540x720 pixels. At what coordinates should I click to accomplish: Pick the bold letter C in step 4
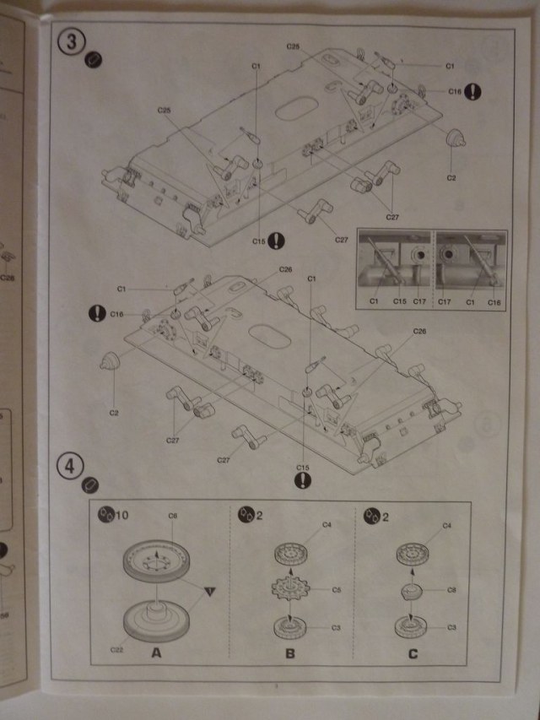coord(412,652)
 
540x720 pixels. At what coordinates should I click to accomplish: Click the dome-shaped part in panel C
coord(410,590)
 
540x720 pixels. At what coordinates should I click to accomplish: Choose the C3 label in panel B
coord(334,628)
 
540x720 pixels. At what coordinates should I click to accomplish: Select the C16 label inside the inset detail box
coord(494,301)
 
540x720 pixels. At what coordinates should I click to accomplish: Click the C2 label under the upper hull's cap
coord(451,178)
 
